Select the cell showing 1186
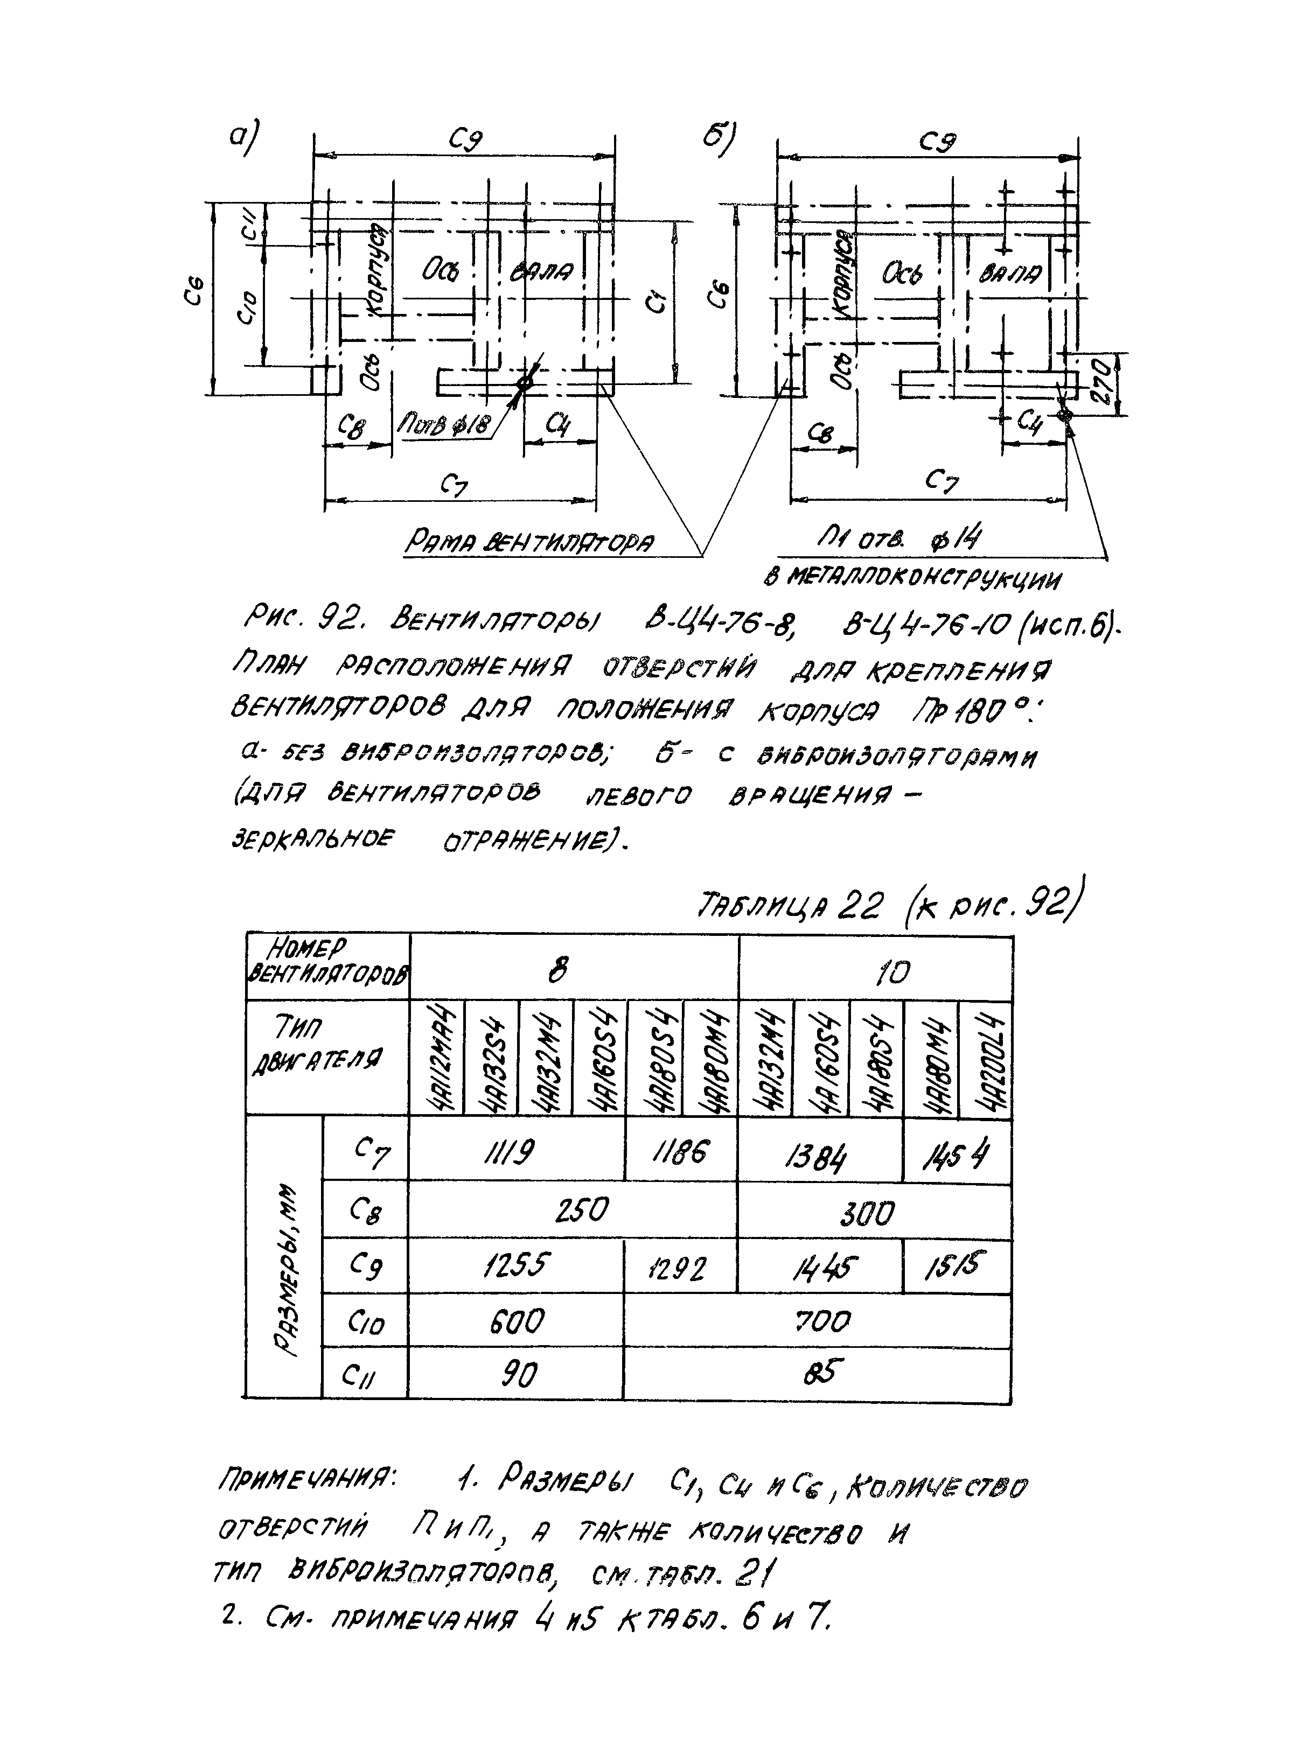[680, 1155]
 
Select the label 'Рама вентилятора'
[529, 543]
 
